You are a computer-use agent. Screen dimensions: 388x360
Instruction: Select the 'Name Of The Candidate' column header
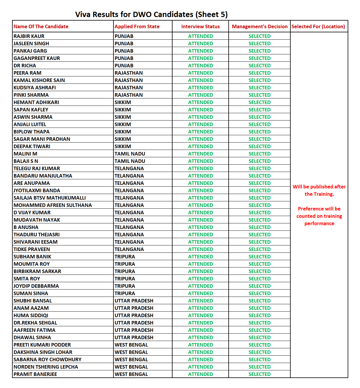point(41,26)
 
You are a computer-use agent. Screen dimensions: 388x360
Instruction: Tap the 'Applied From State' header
point(137,26)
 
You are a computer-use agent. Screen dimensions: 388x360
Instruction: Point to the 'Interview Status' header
point(200,26)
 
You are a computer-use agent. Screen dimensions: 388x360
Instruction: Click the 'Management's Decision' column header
point(259,26)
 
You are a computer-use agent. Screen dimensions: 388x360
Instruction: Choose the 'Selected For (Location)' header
point(318,26)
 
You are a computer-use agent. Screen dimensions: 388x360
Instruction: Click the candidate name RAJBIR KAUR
point(29,36)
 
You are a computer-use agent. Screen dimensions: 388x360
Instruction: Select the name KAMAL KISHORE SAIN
point(39,80)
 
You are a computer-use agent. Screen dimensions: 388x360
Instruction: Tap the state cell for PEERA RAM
point(129,73)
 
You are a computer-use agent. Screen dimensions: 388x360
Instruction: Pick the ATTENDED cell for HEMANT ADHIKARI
point(200,102)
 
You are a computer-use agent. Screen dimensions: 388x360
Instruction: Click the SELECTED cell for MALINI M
point(259,154)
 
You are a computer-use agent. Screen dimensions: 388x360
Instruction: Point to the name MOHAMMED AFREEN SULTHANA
point(53,205)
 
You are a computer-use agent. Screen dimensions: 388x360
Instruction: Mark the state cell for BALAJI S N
point(130,161)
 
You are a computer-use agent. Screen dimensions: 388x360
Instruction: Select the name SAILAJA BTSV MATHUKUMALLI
point(50,198)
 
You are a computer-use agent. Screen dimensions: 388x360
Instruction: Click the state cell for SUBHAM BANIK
point(125,257)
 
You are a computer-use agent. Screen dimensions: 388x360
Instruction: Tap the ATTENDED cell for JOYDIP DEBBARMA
point(200,286)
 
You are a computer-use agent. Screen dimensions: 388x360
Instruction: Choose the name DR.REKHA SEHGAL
point(35,323)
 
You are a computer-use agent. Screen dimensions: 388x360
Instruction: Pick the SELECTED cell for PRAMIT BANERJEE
point(259,374)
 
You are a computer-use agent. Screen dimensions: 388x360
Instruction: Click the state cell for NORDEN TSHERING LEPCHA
point(131,367)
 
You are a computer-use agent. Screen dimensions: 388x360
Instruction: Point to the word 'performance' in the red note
point(319,223)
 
